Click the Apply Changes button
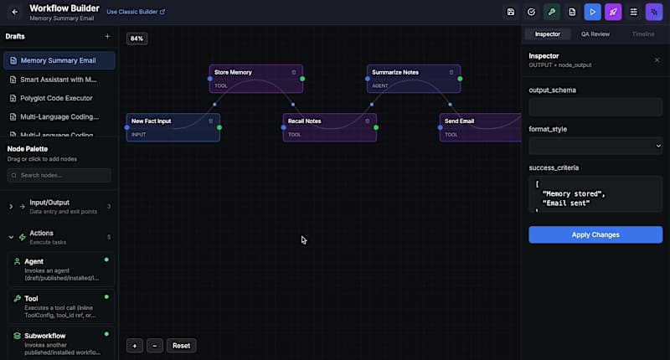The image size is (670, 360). pos(595,235)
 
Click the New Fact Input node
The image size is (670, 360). pos(167,121)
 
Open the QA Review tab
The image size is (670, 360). pos(595,34)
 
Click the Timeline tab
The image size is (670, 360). pos(643,34)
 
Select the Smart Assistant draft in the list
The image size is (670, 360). pos(59,80)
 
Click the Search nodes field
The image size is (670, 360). pos(59,175)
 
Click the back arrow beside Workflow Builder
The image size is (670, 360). pos(14,12)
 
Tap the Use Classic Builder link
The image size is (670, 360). pos(136,13)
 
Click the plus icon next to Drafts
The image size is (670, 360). pos(107,37)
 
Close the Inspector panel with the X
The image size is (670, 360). pos(657,60)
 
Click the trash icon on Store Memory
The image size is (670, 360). pos(293,73)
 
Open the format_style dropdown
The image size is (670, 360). pos(595,146)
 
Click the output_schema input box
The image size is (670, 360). pos(595,106)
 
